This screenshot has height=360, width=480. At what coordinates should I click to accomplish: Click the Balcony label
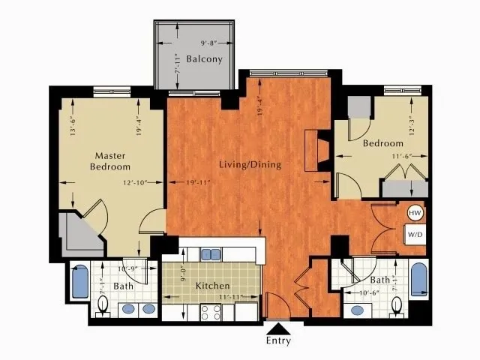coord(204,59)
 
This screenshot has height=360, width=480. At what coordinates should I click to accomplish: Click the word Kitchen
coord(212,286)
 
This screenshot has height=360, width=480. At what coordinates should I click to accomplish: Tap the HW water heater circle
coord(415,214)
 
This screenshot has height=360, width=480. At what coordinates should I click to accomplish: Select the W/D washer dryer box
coord(415,235)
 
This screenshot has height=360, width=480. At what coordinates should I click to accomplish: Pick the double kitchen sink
coord(211,253)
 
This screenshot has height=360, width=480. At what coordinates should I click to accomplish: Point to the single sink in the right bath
coord(357,310)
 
